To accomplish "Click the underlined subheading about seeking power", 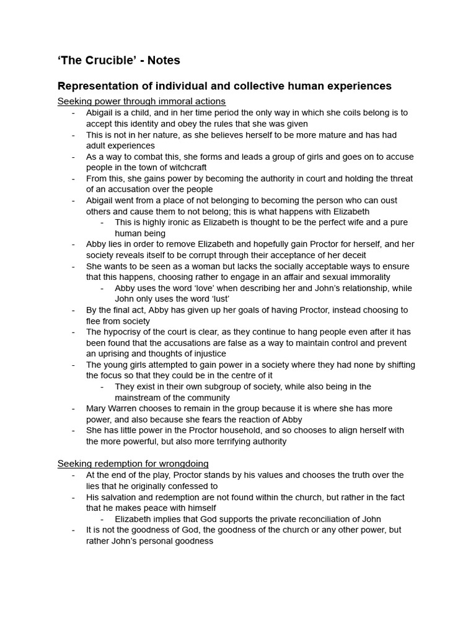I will [141, 101].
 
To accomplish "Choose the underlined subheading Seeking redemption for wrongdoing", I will [133, 463].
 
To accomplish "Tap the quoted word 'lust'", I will [217, 299].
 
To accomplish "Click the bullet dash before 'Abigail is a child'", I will [74, 113].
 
